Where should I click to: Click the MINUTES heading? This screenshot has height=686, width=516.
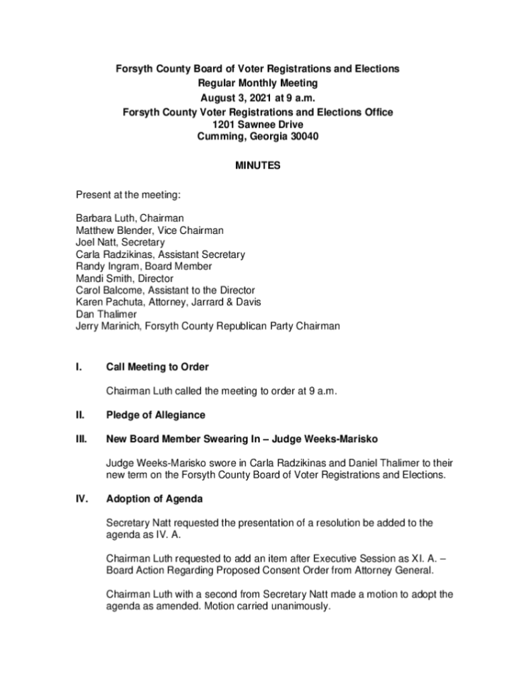(257, 166)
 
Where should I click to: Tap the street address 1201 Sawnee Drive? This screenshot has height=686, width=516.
(257, 125)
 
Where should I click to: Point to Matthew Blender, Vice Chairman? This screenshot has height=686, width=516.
(149, 230)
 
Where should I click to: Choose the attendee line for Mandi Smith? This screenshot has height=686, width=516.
(124, 278)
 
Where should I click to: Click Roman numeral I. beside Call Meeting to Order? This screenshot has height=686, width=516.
(79, 367)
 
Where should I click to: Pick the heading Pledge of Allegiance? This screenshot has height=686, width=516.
(155, 415)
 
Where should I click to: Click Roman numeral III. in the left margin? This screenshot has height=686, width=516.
(81, 439)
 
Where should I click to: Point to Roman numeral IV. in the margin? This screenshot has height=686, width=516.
(81, 500)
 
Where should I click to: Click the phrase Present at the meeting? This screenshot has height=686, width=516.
(128, 195)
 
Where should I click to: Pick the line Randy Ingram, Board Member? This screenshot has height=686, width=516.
(144, 266)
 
